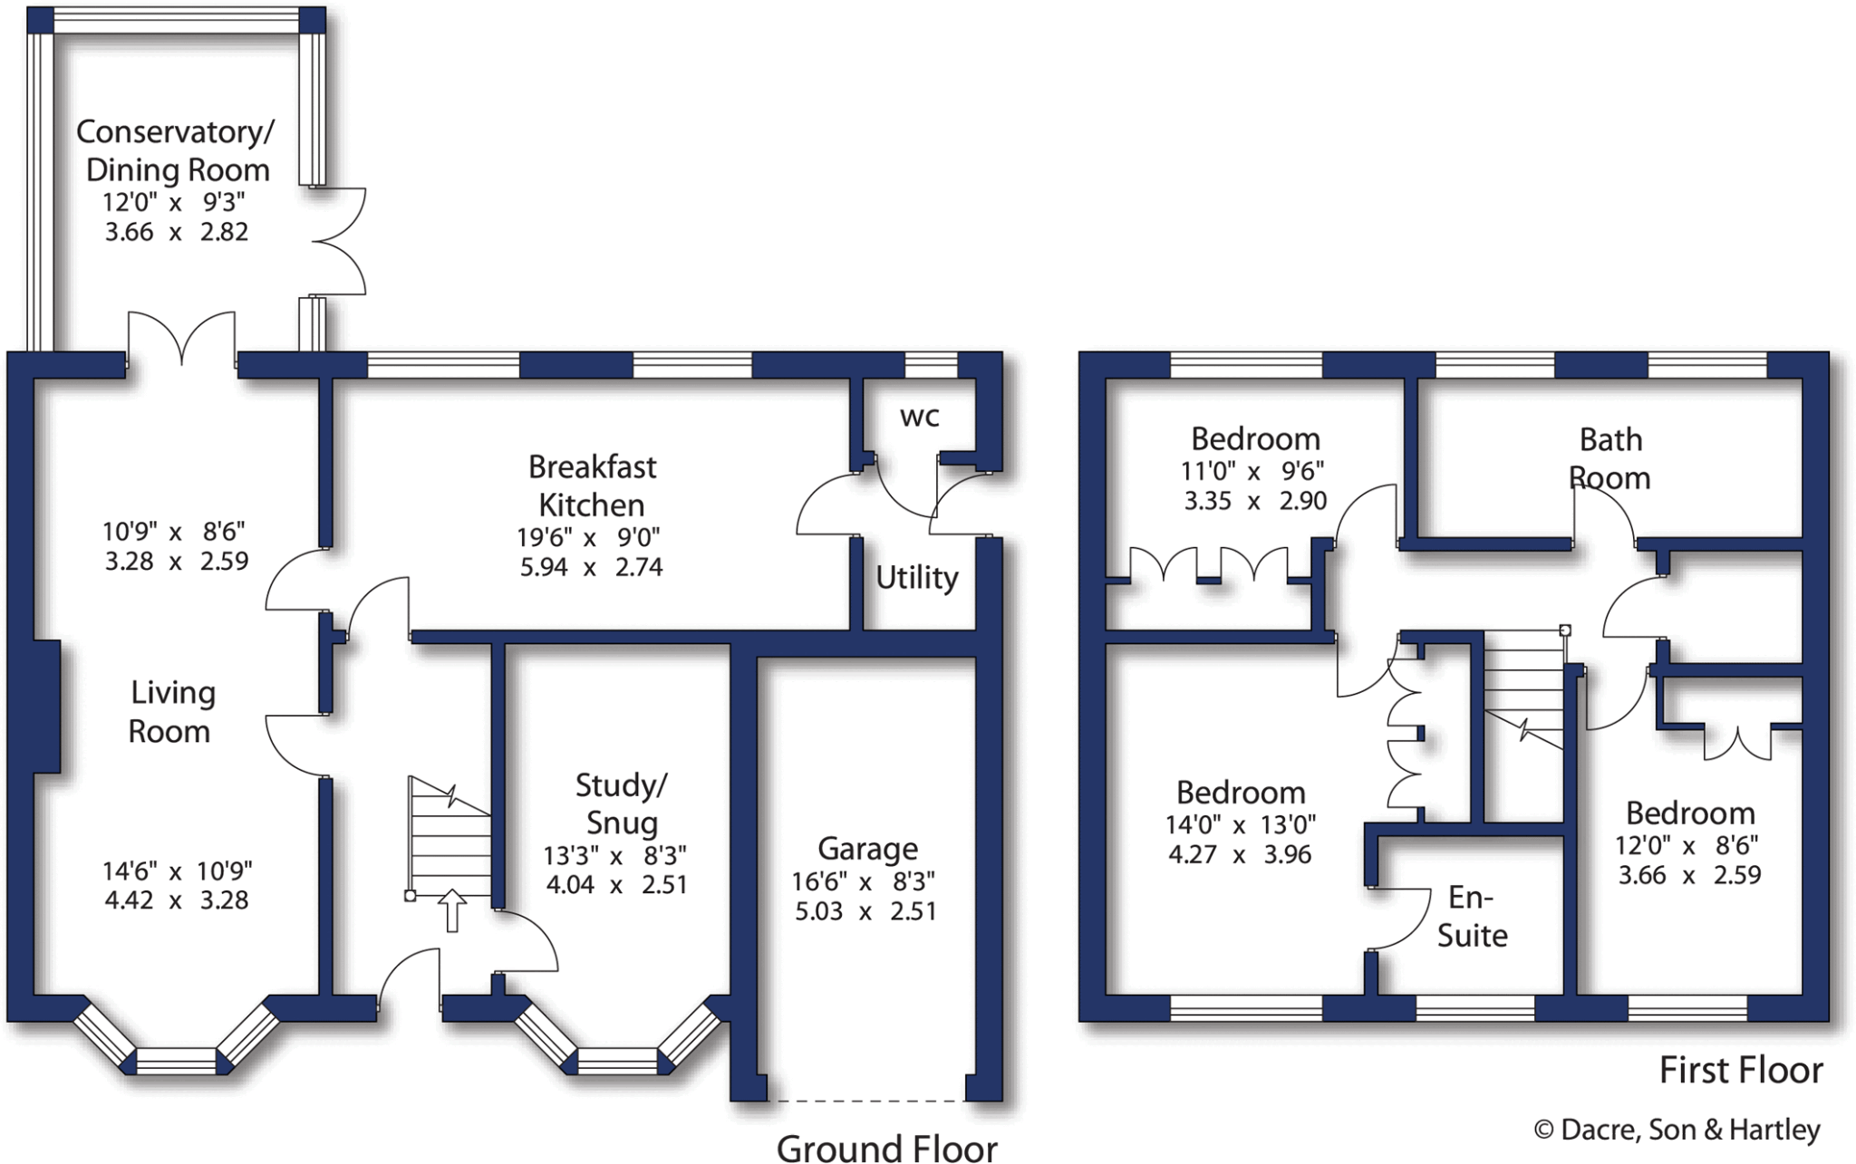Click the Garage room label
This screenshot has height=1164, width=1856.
[x=867, y=849]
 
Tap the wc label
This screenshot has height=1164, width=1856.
[x=919, y=417]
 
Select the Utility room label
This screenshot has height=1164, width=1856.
[x=916, y=577]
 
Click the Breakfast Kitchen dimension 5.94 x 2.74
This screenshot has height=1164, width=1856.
[x=591, y=567]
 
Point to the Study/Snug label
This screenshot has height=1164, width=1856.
[x=622, y=803]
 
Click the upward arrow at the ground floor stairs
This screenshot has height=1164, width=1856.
[x=451, y=909]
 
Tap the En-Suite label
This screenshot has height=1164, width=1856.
[x=1472, y=916]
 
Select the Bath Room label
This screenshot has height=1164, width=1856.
[x=1609, y=458]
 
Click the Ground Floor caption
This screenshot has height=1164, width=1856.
[x=886, y=1148]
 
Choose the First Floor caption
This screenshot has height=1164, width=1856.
[x=1740, y=1071]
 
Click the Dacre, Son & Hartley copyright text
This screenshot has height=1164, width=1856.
[x=1677, y=1130]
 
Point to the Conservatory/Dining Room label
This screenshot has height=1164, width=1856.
[x=176, y=150]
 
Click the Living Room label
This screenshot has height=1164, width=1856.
[x=171, y=712]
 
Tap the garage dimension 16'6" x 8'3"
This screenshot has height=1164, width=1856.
[x=865, y=881]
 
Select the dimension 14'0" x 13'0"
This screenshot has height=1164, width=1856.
[x=1240, y=825]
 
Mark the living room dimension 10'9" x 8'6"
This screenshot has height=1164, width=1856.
[x=174, y=531]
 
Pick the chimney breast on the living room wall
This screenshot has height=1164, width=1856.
[x=47, y=707]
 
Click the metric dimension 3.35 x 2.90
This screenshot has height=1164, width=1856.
[x=1255, y=501]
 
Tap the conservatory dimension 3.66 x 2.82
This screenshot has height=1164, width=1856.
[x=176, y=232]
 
